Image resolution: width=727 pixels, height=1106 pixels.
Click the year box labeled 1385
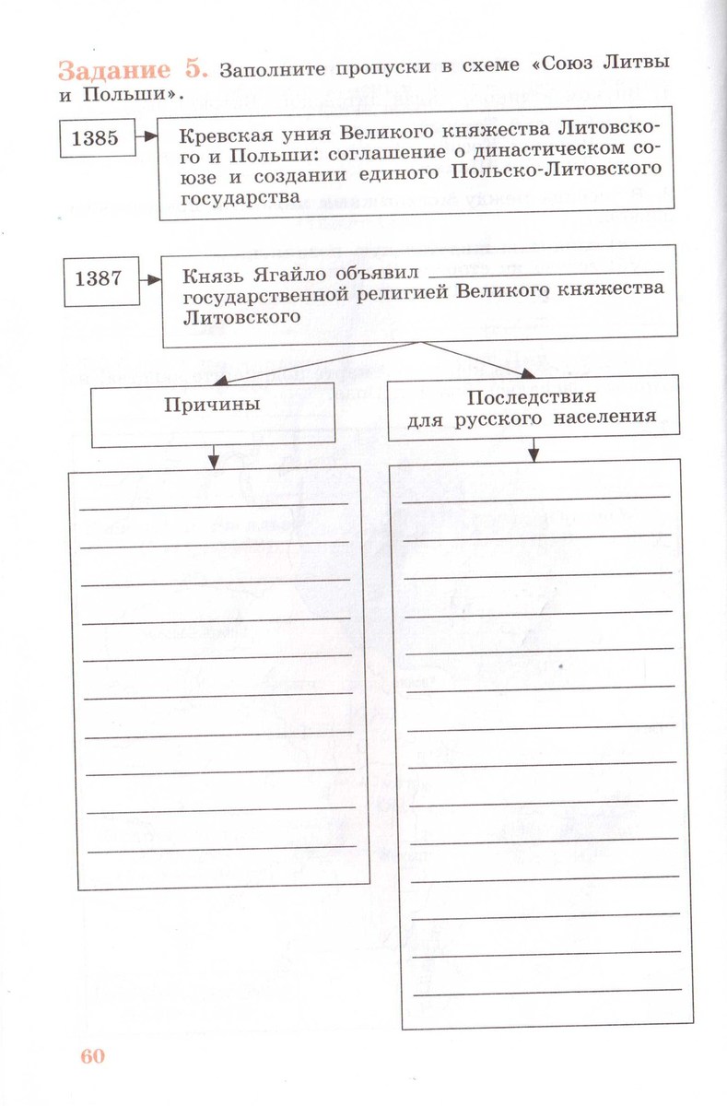coord(95,139)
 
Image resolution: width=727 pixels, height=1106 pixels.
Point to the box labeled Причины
coord(212,406)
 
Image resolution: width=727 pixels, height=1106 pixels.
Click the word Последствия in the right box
coord(531,397)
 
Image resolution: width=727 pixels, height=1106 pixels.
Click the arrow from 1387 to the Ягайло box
coord(149,277)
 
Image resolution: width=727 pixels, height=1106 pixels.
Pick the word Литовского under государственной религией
coord(242,316)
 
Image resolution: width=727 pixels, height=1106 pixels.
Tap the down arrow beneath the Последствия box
coord(534,449)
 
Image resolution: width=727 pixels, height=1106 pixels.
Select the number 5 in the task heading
coord(203,71)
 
